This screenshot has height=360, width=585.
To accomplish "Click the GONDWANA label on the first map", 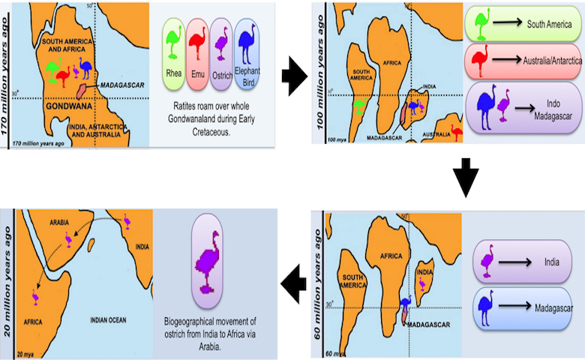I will click(x=58, y=106).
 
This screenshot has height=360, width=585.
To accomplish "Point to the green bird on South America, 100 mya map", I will click(x=360, y=108).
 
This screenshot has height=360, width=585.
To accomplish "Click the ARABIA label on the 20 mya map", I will click(x=64, y=223).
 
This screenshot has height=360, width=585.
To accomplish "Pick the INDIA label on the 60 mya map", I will click(x=424, y=272).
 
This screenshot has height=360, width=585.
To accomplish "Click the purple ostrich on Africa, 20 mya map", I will click(x=35, y=296).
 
